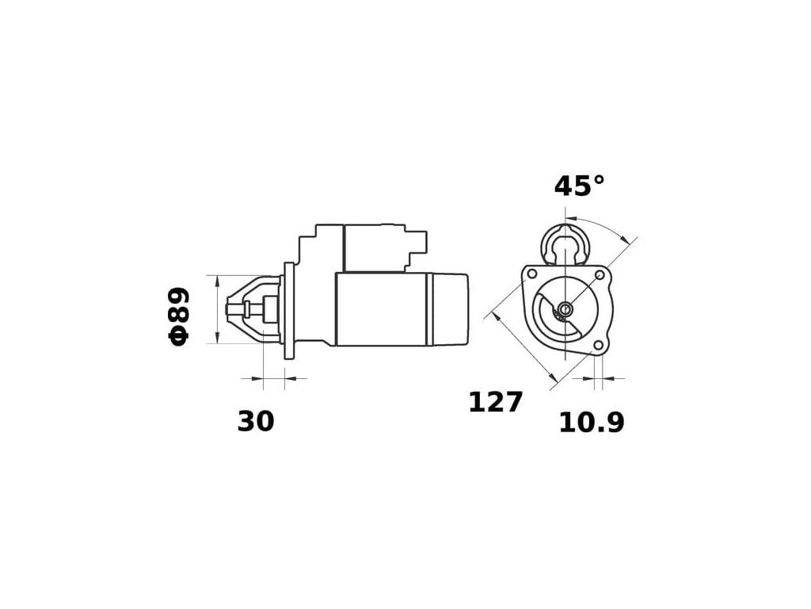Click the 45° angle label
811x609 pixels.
click(x=579, y=186)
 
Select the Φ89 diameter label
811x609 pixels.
click(x=179, y=316)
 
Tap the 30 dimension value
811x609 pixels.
click(x=256, y=422)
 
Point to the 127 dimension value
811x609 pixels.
click(x=496, y=402)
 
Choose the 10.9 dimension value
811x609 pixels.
click(x=591, y=423)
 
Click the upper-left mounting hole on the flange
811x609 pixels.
click(x=530, y=273)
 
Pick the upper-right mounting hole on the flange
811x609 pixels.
click(x=600, y=274)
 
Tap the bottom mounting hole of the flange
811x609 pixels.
click(x=599, y=346)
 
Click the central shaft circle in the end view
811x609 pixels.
click(x=565, y=309)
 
